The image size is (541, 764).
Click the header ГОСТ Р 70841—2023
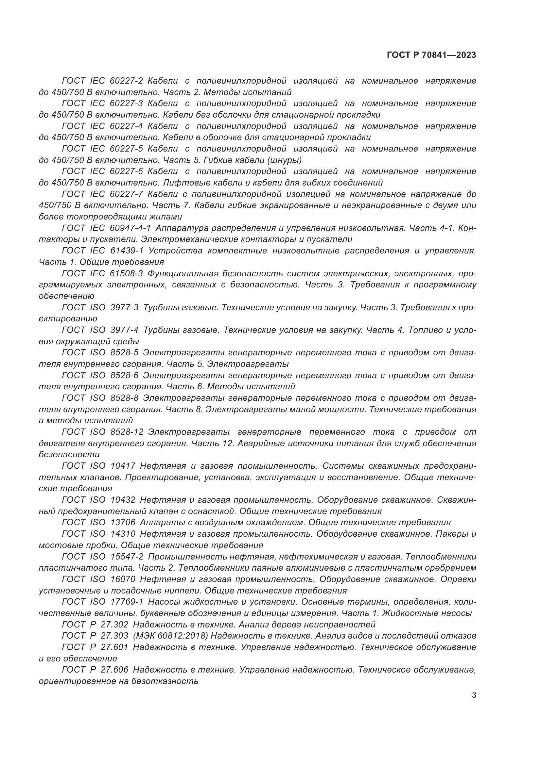click(x=431, y=55)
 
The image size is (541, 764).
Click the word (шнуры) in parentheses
click(x=285, y=160)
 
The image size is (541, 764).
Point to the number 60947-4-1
click(x=130, y=228)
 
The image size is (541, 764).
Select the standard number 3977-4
click(x=124, y=330)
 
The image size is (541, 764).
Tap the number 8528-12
click(x=126, y=432)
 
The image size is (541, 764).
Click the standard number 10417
click(x=122, y=466)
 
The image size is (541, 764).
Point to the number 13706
click(x=122, y=522)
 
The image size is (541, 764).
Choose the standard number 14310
click(x=122, y=534)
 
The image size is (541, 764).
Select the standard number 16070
click(x=122, y=579)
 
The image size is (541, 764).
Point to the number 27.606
click(x=114, y=670)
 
